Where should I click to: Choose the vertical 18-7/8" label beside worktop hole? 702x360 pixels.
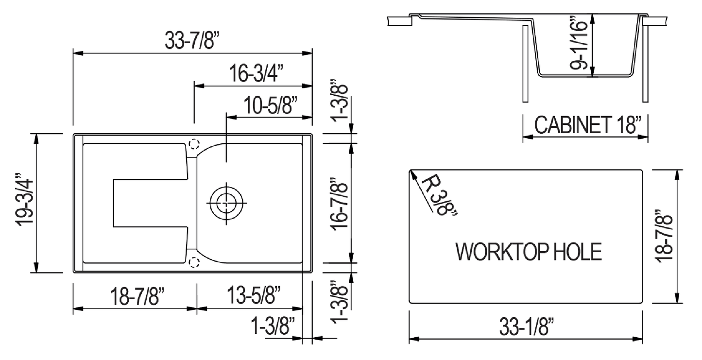click(x=664, y=236)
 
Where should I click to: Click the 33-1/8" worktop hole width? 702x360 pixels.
click(x=527, y=329)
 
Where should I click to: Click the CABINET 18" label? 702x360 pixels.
click(x=585, y=125)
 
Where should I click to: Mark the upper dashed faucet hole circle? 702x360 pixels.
click(x=194, y=144)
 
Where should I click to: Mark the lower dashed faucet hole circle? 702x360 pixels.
click(x=194, y=262)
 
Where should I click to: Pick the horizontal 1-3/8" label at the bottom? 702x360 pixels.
click(x=273, y=325)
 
